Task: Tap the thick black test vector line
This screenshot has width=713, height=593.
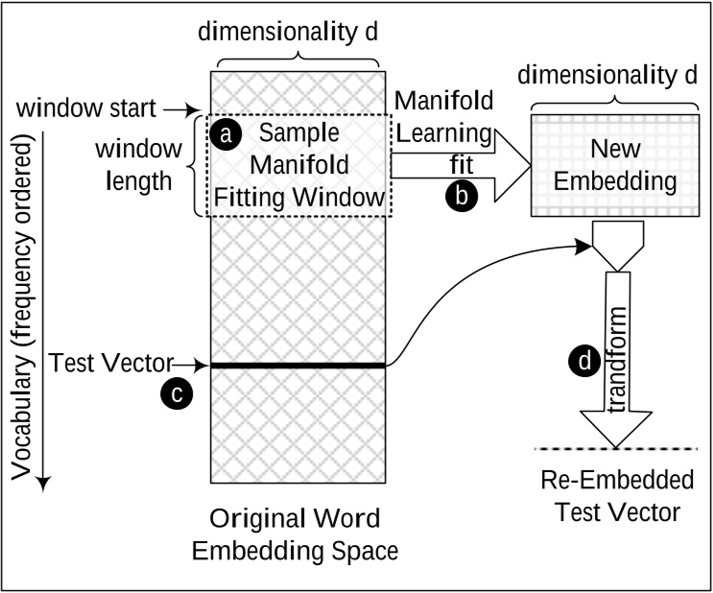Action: click(x=297, y=365)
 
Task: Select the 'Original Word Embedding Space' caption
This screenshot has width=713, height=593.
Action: click(x=296, y=534)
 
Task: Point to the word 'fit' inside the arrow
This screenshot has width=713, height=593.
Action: click(x=462, y=165)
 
